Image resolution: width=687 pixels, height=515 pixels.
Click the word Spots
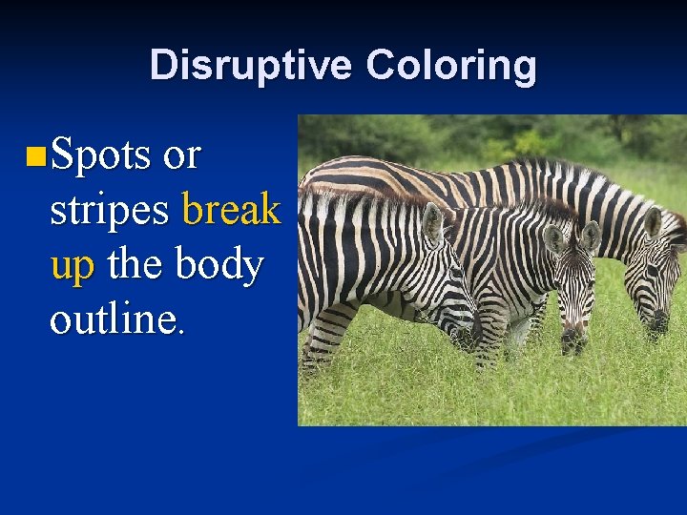(101, 154)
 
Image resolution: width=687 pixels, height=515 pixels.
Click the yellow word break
(231, 209)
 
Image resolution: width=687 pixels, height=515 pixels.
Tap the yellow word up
(73, 265)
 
